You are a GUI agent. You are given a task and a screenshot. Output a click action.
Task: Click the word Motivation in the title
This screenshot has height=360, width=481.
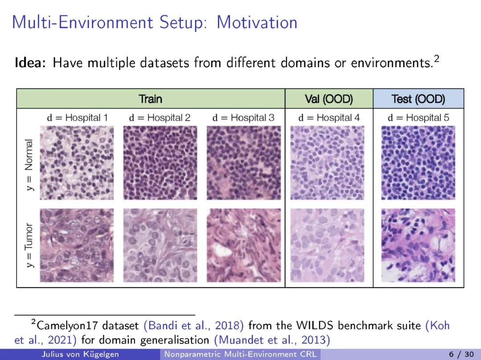(x=257, y=22)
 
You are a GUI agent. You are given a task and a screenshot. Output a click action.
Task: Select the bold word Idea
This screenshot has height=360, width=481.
(x=30, y=63)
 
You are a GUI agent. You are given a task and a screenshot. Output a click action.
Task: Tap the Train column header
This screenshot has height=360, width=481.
(x=151, y=99)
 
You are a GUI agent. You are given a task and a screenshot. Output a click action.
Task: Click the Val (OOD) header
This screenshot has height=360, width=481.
(x=329, y=99)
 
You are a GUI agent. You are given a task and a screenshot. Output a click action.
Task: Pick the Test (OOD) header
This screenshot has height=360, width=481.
(x=418, y=99)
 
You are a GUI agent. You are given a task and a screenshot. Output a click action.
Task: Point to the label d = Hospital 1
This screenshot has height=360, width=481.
(x=77, y=117)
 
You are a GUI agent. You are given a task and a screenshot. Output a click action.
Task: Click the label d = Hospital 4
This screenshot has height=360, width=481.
(x=329, y=117)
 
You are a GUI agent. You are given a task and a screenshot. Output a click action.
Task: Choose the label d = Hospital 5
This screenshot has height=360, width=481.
(x=418, y=117)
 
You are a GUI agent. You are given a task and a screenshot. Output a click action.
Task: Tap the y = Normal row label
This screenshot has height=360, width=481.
(x=29, y=165)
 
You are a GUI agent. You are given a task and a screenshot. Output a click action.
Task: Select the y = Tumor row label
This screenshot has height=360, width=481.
(x=29, y=245)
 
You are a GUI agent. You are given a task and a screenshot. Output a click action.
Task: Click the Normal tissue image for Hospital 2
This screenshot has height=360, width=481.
(x=160, y=163)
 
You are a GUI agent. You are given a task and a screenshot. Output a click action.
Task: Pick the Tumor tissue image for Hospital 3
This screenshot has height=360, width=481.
(x=244, y=245)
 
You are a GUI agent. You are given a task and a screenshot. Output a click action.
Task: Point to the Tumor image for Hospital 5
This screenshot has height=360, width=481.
(x=418, y=245)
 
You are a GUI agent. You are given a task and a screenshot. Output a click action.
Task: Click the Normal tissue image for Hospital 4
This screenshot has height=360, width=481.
(x=327, y=163)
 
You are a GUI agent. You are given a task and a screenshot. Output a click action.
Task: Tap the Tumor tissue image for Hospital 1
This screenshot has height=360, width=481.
(x=77, y=245)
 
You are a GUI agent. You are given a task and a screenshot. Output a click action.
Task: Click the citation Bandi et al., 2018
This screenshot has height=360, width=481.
(x=194, y=325)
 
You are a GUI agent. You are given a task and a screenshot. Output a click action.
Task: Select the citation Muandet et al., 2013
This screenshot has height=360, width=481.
(x=272, y=340)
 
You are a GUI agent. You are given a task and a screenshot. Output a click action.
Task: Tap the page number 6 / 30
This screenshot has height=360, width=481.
(x=461, y=355)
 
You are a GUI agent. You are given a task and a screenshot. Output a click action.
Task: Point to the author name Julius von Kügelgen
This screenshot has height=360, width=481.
(x=80, y=355)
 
